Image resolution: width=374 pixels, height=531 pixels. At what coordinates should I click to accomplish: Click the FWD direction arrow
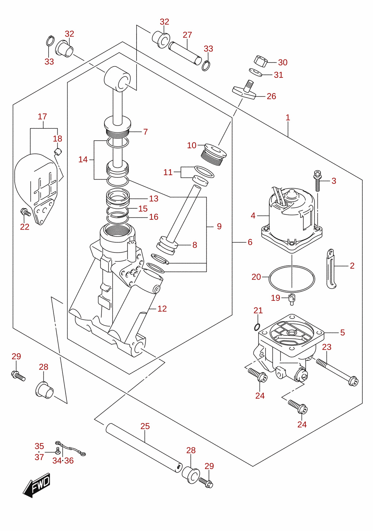pyautogui.click(x=37, y=485)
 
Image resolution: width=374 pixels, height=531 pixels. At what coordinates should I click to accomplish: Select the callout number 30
pyautogui.click(x=283, y=62)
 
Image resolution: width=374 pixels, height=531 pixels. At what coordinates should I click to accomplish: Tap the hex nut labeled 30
pyautogui.click(x=260, y=60)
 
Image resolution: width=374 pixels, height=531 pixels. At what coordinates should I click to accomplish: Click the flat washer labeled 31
pyautogui.click(x=256, y=72)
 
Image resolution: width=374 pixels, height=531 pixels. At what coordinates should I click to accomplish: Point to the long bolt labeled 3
pyautogui.click(x=317, y=181)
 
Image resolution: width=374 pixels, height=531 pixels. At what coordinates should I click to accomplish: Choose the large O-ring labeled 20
pyautogui.click(x=292, y=279)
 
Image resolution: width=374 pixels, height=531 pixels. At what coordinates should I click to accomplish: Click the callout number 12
pyautogui.click(x=162, y=309)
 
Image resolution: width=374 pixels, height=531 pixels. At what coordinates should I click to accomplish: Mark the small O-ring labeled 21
pyautogui.click(x=257, y=327)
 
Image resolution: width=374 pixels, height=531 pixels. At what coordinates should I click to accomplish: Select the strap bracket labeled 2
pyautogui.click(x=331, y=269)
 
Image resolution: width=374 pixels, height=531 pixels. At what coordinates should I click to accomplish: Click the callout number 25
pyautogui.click(x=145, y=426)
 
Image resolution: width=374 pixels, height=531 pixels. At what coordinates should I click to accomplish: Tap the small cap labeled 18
pyautogui.click(x=58, y=151)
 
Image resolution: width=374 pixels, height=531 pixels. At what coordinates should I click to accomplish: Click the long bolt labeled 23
pyautogui.click(x=337, y=372)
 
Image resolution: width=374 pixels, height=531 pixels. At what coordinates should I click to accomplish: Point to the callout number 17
pyautogui.click(x=42, y=117)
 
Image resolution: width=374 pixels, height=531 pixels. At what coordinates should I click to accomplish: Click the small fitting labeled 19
pyautogui.click(x=292, y=299)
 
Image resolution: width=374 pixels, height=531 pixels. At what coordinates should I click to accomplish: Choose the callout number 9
pyautogui.click(x=219, y=226)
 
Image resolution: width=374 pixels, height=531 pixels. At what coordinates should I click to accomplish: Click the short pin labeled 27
pyautogui.click(x=185, y=53)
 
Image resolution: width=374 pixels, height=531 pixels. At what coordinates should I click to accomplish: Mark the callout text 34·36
pyautogui.click(x=63, y=461)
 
